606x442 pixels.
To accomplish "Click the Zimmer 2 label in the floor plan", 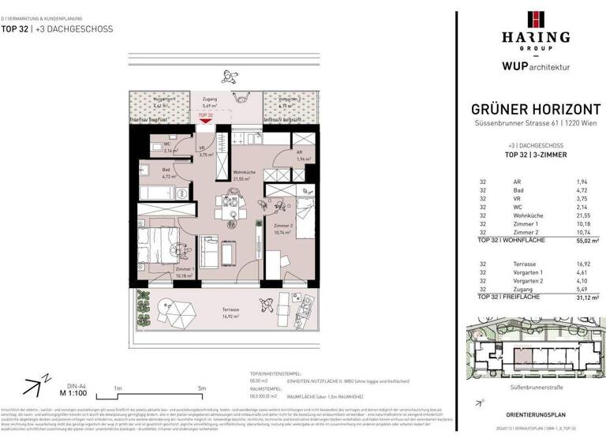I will point(282,230).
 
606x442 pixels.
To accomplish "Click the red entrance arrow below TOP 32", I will point(205,122).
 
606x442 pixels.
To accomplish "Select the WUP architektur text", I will point(536,68).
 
